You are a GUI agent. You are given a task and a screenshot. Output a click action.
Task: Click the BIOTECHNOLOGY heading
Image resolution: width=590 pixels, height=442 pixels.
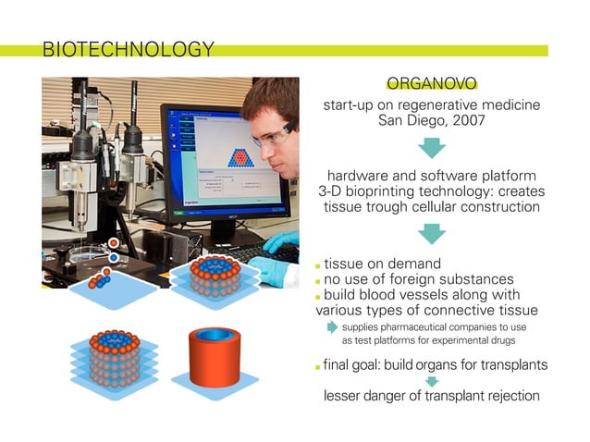point(129,49)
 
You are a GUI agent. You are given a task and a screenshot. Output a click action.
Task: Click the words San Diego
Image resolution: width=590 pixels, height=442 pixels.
point(413,120)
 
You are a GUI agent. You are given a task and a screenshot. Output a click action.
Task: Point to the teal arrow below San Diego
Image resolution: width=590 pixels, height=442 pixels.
point(432,147)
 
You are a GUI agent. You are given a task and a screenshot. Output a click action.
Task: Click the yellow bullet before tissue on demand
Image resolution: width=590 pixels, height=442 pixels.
point(318,265)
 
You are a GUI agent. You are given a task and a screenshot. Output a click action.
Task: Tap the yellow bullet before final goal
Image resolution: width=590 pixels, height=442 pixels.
point(318,365)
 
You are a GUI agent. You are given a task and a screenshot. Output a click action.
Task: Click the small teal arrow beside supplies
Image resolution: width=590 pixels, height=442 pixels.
point(332,326)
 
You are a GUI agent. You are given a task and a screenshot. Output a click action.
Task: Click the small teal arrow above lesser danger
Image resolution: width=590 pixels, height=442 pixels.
point(432,380)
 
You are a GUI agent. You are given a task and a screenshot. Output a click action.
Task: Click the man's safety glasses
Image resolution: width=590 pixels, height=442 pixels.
point(269,138)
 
